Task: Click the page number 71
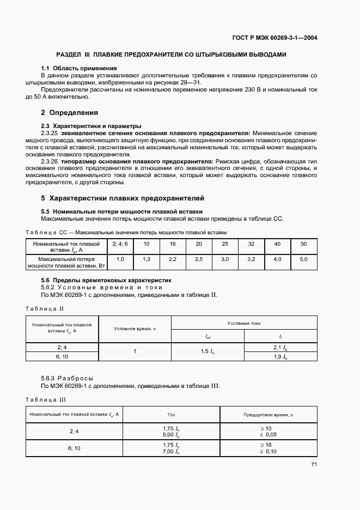click(x=314, y=464)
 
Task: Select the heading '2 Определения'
click(x=69, y=113)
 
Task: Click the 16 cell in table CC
click(x=173, y=244)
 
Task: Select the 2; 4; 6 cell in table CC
click(x=120, y=244)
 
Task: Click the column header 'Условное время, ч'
click(x=135, y=329)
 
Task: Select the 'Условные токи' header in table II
click(x=243, y=323)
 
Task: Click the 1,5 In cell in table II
click(x=208, y=352)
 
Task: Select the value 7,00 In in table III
click(x=171, y=452)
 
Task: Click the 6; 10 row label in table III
click(x=75, y=448)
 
